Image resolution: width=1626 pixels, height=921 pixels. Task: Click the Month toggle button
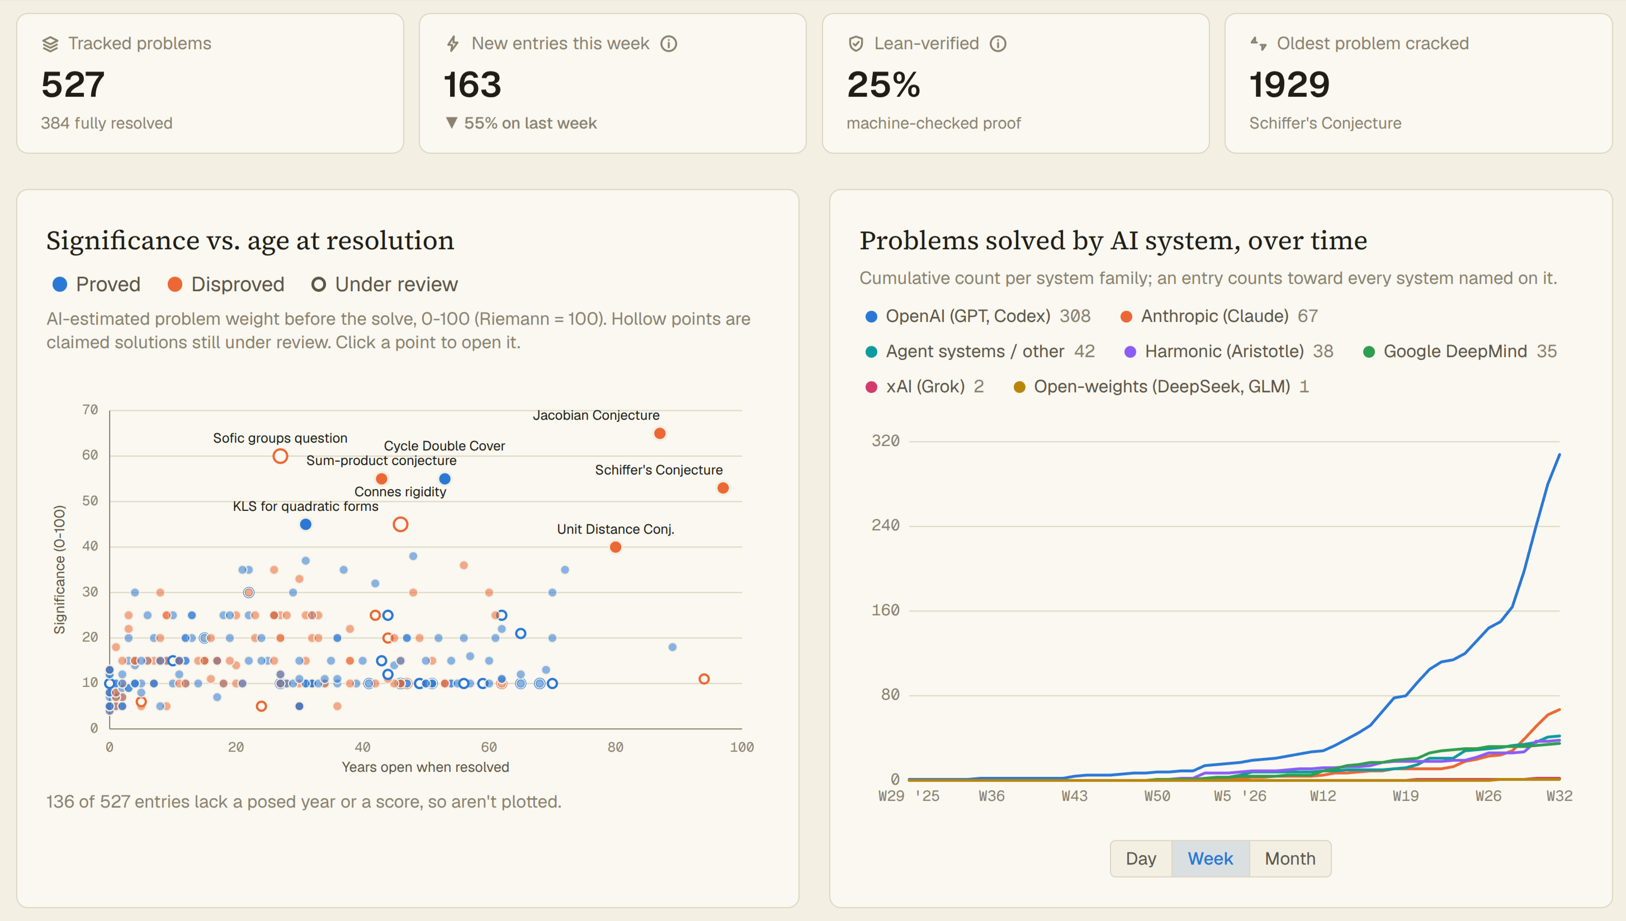[1290, 858]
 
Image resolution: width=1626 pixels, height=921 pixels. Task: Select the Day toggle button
[1141, 858]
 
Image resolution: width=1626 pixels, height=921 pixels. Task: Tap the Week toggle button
[1211, 858]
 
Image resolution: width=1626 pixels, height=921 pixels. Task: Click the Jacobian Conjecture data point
[660, 433]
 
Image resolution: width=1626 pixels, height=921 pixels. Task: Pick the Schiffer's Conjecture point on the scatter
[723, 488]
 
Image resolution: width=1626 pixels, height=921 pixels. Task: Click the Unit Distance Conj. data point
[616, 547]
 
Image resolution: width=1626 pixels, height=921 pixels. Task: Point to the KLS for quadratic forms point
[306, 524]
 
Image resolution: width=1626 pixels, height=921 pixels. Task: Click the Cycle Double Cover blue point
[445, 479]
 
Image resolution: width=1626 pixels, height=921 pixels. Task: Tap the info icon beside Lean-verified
[998, 44]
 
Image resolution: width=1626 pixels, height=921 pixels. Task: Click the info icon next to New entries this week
[669, 44]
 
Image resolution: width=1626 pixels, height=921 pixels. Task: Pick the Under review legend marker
[318, 284]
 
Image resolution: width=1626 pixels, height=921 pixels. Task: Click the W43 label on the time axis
[1074, 796]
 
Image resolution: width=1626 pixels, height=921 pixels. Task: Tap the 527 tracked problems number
[73, 84]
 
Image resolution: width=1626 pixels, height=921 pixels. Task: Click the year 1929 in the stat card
[1289, 84]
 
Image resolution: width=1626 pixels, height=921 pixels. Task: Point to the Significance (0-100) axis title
[59, 569]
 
